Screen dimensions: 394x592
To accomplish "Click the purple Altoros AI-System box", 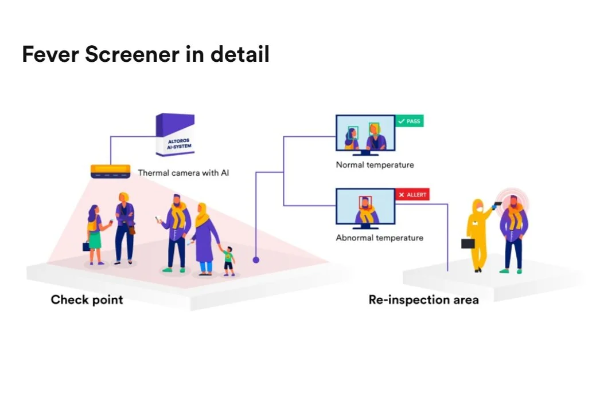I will coord(174,135).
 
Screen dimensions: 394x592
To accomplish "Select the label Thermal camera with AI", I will coord(183,172).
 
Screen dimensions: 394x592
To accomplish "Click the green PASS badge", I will coord(409,121).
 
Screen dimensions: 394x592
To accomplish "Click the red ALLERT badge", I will coord(412,195).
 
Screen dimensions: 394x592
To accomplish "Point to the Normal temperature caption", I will coord(375,165).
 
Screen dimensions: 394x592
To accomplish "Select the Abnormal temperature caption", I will coord(379,238).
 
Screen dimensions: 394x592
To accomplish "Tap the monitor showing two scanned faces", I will coord(365,135).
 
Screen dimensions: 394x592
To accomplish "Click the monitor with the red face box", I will coord(365,208).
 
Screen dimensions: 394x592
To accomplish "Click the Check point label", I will coord(87,300).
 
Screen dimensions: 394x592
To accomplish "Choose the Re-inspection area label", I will coord(423,300).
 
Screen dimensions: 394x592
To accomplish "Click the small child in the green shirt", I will coord(229,261).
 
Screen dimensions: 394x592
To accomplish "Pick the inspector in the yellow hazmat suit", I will coord(477,235).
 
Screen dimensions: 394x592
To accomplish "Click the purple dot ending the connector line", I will coord(256,260).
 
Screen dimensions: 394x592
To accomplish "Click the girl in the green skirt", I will coord(94,235).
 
